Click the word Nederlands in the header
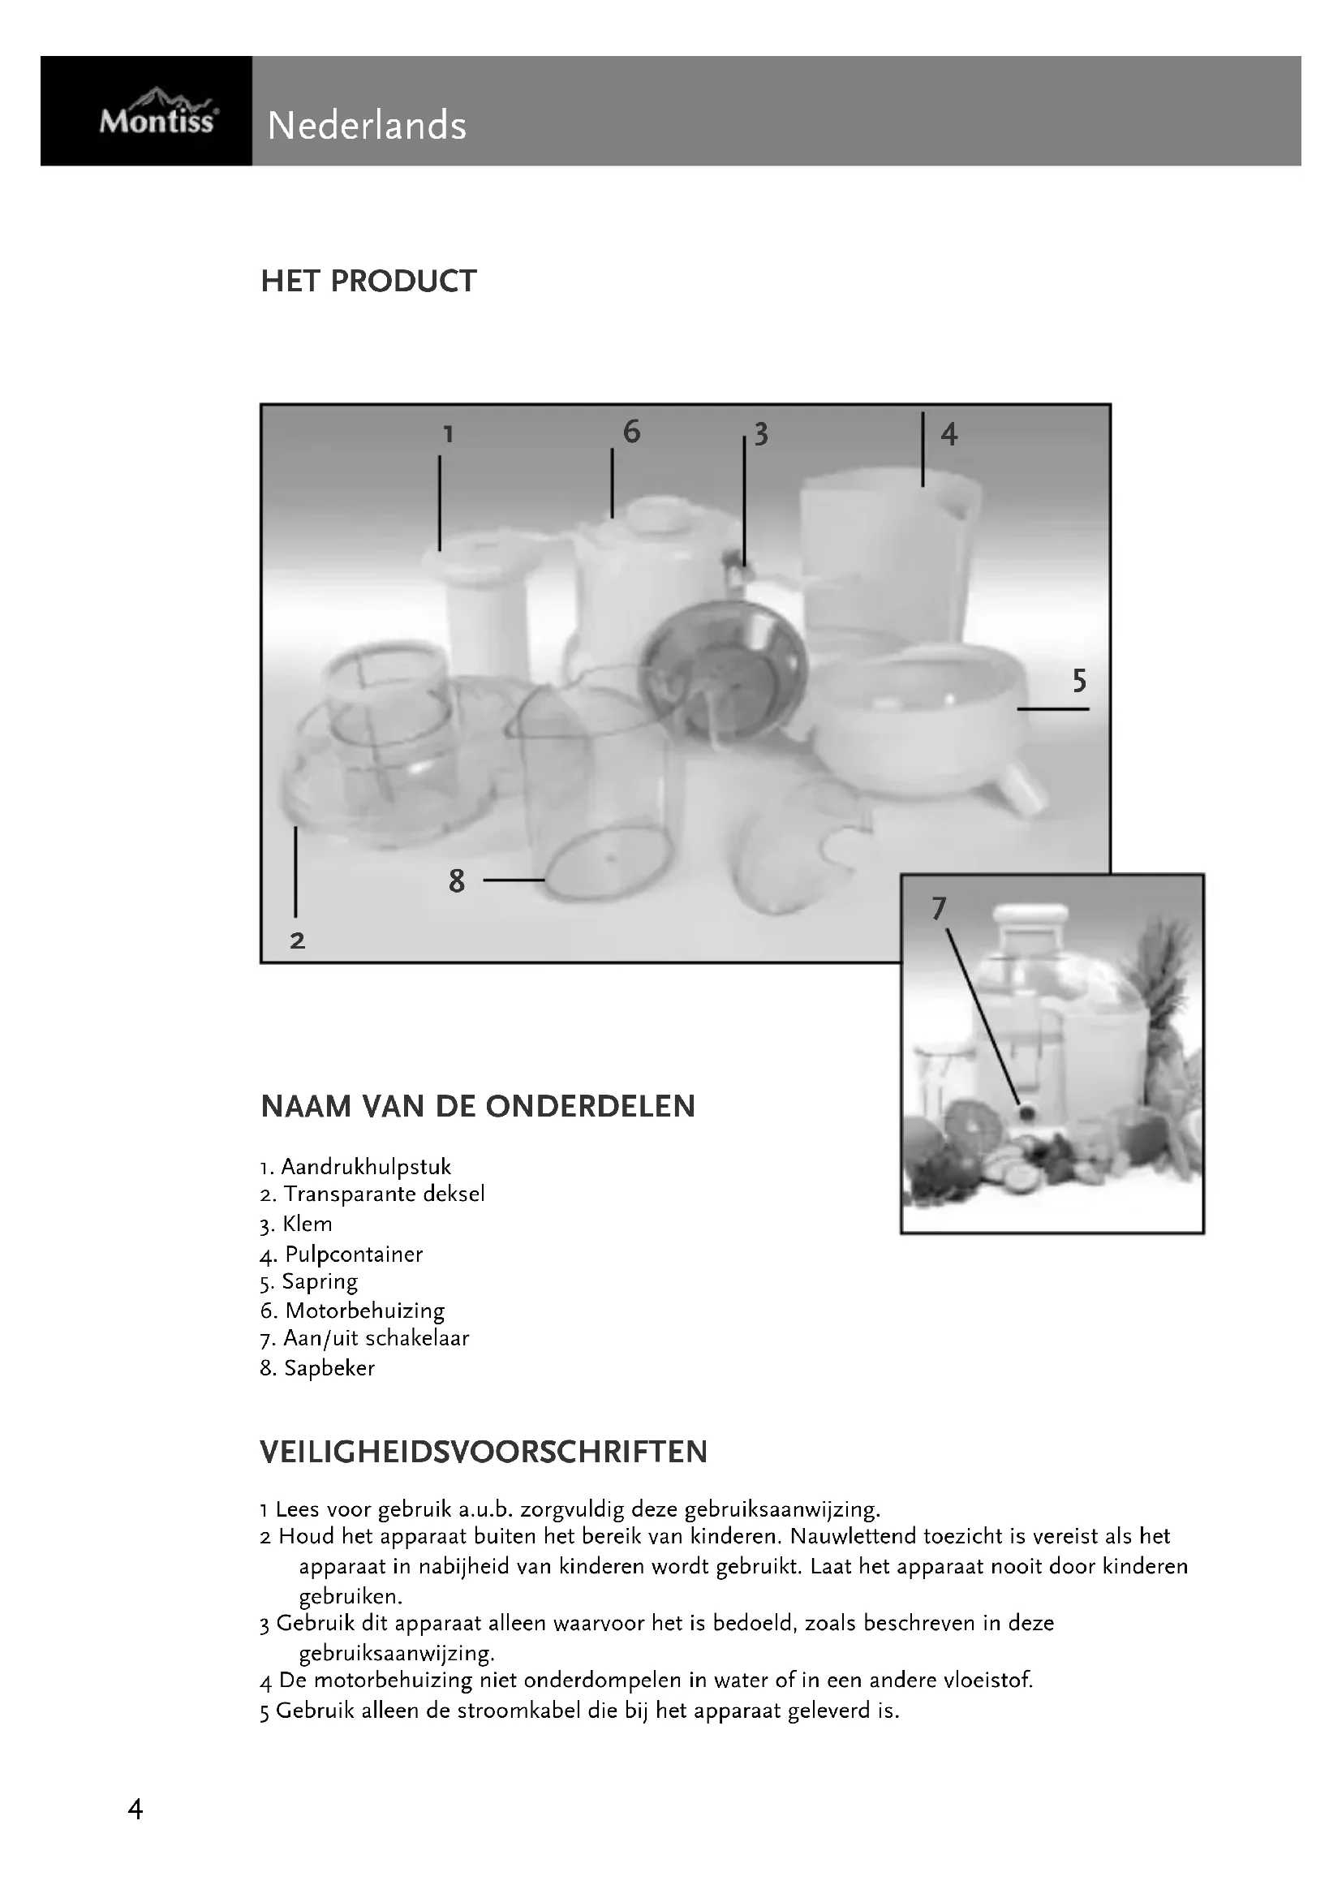click(x=367, y=127)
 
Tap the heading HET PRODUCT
click(x=368, y=281)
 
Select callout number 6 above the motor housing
click(x=631, y=432)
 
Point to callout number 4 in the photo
click(x=948, y=434)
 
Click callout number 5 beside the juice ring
click(x=1079, y=681)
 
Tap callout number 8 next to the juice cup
click(x=457, y=881)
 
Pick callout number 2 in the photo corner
click(x=298, y=940)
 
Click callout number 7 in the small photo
click(x=939, y=909)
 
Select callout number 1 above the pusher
click(x=448, y=434)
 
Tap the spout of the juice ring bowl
click(x=1024, y=789)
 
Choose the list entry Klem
click(x=307, y=1224)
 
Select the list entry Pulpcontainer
click(x=353, y=1254)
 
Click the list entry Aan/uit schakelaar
click(x=376, y=1337)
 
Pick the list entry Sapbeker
click(x=329, y=1368)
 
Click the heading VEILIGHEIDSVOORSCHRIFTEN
click(x=484, y=1452)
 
